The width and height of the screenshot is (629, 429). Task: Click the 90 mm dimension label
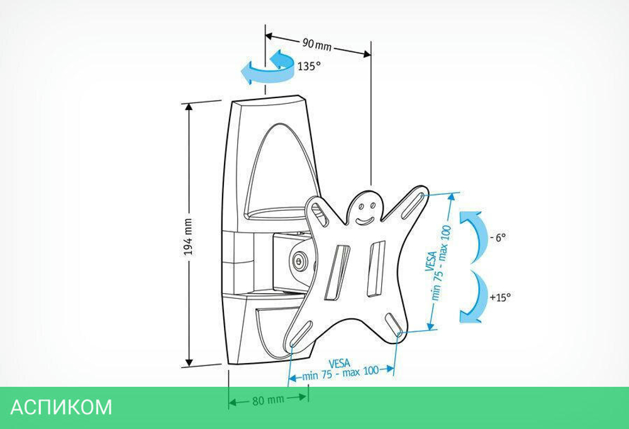(316, 43)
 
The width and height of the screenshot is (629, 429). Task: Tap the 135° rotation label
(309, 66)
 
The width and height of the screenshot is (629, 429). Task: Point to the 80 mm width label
(267, 399)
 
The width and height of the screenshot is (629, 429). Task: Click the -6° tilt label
(498, 237)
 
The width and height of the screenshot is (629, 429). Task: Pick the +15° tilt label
(501, 296)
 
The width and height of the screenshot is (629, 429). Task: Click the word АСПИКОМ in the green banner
(61, 406)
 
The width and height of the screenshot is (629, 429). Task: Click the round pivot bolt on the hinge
(299, 261)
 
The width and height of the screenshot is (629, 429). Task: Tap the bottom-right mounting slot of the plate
(394, 326)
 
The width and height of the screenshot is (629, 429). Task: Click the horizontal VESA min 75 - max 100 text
(340, 369)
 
